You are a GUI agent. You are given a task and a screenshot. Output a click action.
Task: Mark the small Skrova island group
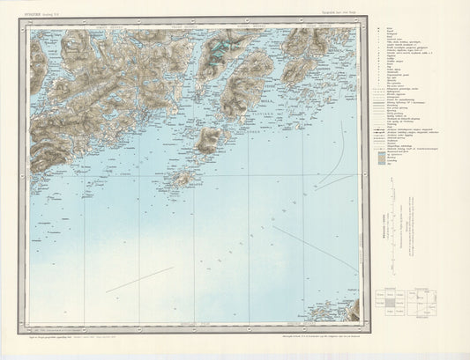pyautogui.click(x=183, y=179)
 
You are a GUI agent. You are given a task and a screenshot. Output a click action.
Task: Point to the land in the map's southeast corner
pyautogui.click(x=351, y=311)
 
